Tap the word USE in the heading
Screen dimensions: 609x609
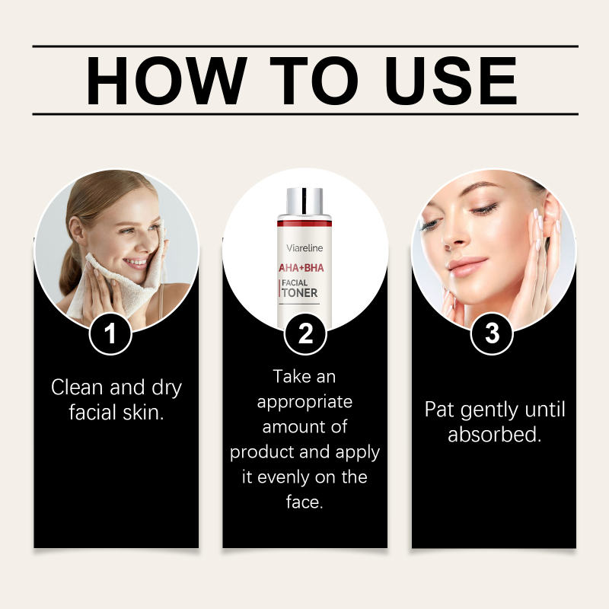(451, 81)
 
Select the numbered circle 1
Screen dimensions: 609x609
(110, 333)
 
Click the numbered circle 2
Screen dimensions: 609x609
(305, 333)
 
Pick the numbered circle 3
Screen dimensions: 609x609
(492, 333)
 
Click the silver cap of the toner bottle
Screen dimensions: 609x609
(304, 201)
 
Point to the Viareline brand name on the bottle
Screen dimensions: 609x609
(304, 248)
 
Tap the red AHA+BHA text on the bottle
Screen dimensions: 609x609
(301, 268)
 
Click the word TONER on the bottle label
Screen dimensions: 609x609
(299, 293)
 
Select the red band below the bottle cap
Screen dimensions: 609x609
(304, 223)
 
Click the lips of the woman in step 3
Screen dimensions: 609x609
(467, 267)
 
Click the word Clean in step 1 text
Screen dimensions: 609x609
(78, 387)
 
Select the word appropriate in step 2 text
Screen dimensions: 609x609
(305, 403)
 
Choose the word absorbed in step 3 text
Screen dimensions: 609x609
(494, 434)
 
